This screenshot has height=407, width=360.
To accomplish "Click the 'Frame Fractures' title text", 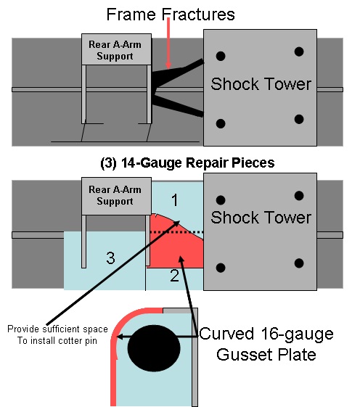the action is (171, 15).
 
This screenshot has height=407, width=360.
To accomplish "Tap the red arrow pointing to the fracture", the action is (168, 44).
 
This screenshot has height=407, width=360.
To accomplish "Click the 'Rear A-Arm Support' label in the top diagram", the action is (115, 50).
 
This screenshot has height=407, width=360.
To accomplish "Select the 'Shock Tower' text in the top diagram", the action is (261, 84).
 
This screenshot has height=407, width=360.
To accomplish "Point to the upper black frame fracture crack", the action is (176, 73).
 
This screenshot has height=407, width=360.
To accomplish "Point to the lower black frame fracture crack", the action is (177, 104).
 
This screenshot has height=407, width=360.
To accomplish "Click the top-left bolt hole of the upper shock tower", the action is (221, 56).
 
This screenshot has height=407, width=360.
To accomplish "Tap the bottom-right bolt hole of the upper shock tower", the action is (299, 120).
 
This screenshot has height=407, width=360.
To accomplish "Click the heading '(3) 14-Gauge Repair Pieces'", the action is (187, 163).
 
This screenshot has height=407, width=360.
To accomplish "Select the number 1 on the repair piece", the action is (175, 200).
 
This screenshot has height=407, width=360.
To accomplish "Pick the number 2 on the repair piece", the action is (174, 276).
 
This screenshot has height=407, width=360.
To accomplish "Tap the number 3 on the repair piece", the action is (110, 258).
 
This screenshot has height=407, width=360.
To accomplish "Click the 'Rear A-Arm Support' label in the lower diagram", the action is (115, 195).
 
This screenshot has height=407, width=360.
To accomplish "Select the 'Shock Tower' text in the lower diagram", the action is (261, 217).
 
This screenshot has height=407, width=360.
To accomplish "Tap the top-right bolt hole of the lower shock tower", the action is (299, 196).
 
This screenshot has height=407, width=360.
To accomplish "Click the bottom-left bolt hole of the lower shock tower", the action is (221, 268).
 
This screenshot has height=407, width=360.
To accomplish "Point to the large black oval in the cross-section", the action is (154, 348).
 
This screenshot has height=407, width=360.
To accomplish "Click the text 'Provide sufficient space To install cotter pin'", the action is (57, 334).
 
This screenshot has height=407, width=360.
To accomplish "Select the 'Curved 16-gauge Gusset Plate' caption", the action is (266, 344).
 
